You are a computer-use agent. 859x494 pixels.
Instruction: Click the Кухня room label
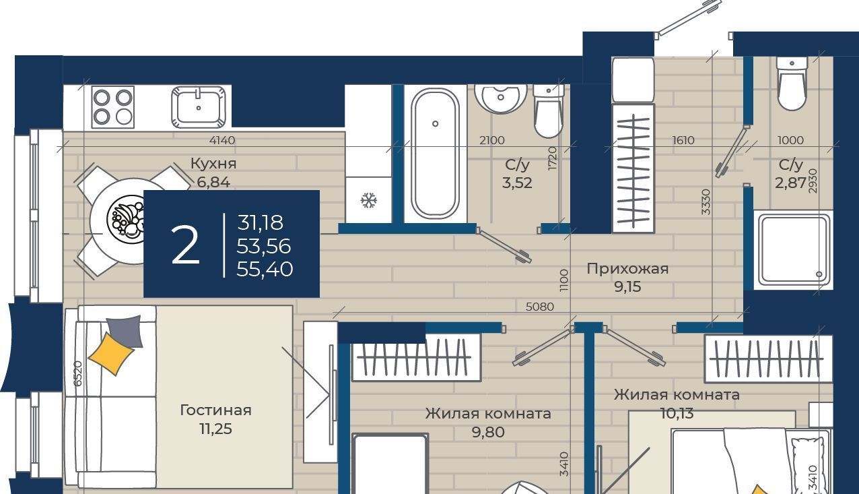213,164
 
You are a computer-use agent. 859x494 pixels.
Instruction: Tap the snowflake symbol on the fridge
368,200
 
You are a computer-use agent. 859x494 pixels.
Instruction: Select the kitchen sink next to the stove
199,107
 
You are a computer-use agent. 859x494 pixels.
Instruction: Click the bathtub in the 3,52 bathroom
435,154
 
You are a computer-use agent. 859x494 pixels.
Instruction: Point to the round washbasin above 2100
500,98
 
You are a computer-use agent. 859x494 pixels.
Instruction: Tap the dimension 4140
222,140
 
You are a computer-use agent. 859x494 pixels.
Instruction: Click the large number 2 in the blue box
185,245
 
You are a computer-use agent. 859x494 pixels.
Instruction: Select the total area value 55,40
265,269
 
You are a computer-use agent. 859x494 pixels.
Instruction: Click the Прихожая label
627,269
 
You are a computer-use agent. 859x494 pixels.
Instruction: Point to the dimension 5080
539,307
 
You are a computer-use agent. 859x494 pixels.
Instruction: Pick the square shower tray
792,250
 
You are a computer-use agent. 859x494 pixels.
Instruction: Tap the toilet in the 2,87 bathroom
792,84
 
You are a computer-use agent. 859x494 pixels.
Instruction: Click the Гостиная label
215,410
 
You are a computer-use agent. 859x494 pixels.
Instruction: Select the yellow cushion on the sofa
111,353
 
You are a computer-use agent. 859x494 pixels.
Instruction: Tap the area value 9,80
488,432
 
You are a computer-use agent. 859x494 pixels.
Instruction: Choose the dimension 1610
683,140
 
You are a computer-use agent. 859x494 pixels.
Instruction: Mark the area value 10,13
677,413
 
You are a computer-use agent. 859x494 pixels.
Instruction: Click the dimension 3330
706,202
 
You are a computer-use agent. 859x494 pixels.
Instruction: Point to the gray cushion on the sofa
125,331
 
